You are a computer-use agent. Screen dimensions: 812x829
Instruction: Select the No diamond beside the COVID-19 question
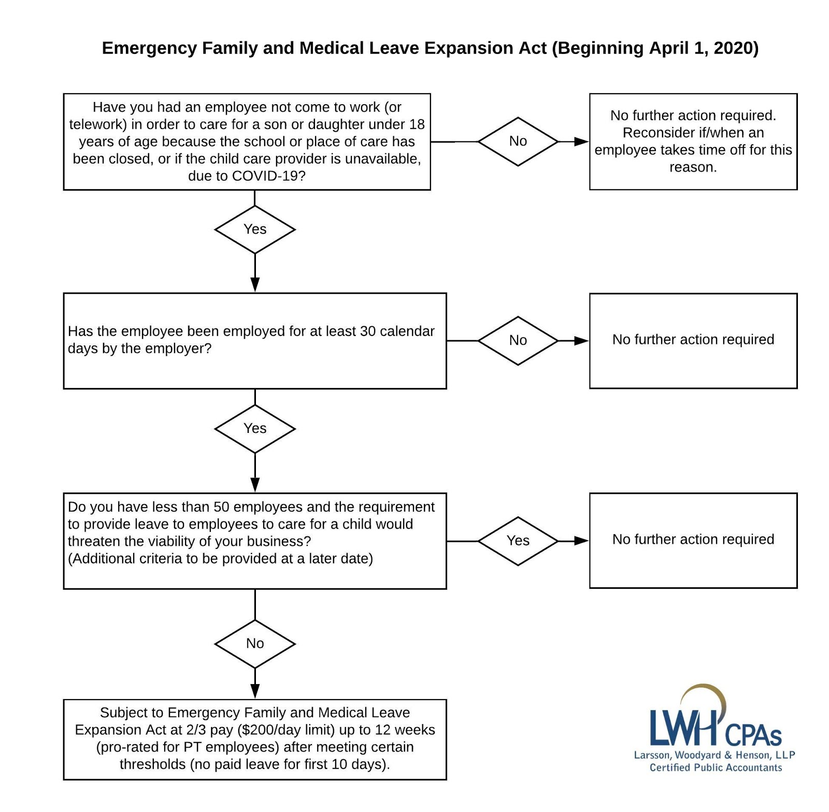[518, 141]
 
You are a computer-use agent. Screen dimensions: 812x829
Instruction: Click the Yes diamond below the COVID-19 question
[255, 229]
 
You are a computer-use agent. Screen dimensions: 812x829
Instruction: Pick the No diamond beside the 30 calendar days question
[518, 341]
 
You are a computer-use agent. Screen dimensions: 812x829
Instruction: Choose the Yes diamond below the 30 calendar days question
[255, 429]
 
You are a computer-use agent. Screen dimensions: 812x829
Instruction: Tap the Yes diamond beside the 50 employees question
[518, 541]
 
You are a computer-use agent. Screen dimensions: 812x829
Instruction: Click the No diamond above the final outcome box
[255, 644]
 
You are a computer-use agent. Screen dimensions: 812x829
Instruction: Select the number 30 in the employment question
[367, 331]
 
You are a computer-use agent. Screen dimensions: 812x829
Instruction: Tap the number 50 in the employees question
[222, 507]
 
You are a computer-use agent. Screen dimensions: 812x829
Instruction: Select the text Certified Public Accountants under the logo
[716, 767]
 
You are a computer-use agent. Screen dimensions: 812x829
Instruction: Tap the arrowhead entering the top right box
[581, 141]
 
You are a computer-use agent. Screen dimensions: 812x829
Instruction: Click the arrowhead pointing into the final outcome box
[255, 691]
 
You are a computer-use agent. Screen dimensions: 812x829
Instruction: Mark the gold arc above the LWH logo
[707, 691]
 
